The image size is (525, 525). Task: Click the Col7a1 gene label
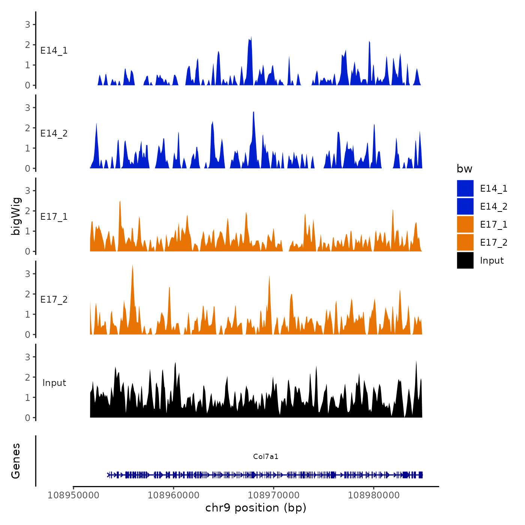coord(265,456)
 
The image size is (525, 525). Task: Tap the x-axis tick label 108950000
coord(73,495)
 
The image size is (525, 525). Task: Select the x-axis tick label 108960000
coord(174,495)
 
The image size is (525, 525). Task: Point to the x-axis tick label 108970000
coord(274,495)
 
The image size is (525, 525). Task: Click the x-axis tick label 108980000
coord(374,495)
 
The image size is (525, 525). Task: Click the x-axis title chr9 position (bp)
coord(256,508)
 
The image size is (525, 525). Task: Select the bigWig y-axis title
coord(16,216)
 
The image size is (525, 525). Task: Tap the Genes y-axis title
coord(16,461)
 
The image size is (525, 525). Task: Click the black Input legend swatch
coord(465,260)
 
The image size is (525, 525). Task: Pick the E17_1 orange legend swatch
coord(465,224)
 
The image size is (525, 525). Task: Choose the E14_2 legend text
coord(493,207)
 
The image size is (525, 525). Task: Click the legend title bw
coord(464,169)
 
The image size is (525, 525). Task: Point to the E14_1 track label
coord(54,51)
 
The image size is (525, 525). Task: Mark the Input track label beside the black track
coord(54,383)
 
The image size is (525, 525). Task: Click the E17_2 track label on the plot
coord(54,300)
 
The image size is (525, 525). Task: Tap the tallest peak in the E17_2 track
coord(132,265)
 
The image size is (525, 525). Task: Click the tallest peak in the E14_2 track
coord(254,112)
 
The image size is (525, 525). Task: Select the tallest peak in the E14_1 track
coord(251,37)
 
